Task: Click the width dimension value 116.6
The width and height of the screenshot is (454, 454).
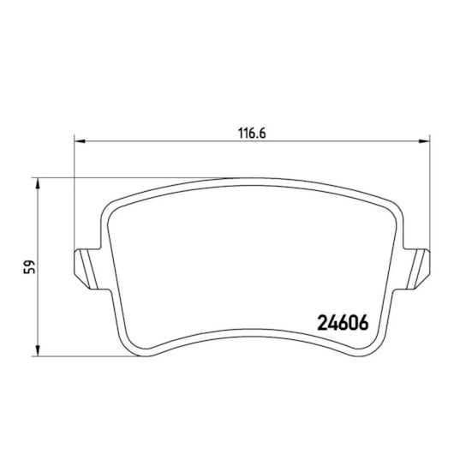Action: [x=252, y=134]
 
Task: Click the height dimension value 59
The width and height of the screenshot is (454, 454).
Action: [x=29, y=266]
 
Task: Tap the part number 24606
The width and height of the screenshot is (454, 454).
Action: [x=343, y=323]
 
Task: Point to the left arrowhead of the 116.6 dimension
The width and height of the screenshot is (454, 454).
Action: [x=80, y=141]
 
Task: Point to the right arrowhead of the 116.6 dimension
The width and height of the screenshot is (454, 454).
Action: [x=425, y=141]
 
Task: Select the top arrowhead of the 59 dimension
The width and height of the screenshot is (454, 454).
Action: [x=38, y=183]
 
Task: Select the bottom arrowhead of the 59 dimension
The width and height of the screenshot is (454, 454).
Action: [x=38, y=350]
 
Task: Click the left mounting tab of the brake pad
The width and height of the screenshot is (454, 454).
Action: [x=87, y=269]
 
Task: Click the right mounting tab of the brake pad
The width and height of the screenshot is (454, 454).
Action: [x=416, y=269]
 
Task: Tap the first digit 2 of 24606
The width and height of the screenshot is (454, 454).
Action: [x=322, y=323]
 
